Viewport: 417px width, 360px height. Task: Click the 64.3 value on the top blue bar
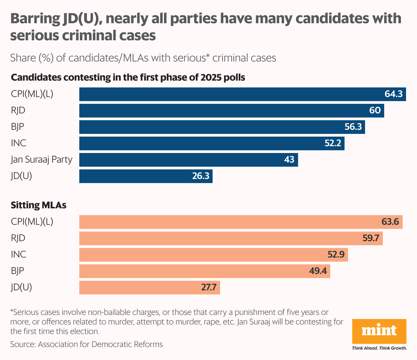coord(393,94)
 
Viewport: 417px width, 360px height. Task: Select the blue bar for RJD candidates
coord(231,110)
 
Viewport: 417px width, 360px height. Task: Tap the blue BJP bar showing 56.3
coord(222,127)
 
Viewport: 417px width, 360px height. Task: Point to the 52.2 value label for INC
coord(333,143)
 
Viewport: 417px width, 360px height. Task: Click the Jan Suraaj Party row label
coord(41,160)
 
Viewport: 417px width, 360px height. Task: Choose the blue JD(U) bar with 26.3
coord(146,176)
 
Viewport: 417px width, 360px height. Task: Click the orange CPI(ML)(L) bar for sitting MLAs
coord(241,222)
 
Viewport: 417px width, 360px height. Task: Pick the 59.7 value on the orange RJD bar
coord(371,238)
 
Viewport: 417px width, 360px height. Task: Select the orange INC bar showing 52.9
coord(213,254)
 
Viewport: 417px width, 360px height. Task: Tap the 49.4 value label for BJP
coord(318,271)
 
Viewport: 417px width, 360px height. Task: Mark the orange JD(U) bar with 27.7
coord(149,287)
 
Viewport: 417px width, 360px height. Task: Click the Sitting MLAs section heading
coord(39,205)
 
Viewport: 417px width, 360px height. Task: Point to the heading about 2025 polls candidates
coord(128,78)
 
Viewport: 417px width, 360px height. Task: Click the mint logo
coord(379,331)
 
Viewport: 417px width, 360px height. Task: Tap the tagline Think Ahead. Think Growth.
coord(379,348)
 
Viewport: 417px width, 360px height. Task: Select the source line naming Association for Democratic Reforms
coord(86,344)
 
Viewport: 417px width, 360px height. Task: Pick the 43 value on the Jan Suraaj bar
coord(289,160)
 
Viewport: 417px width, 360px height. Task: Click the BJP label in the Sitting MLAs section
coord(17,271)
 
